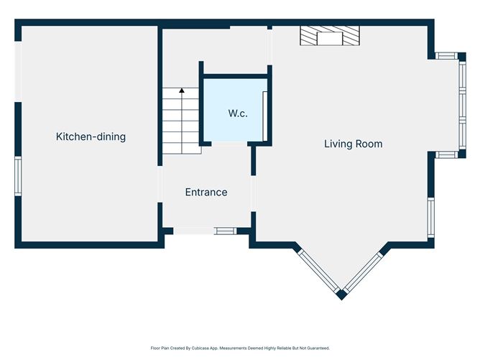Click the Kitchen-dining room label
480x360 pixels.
91,137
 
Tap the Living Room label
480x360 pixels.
354,144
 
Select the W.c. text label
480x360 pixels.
238,114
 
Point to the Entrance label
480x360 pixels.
206,193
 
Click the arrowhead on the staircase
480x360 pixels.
182,91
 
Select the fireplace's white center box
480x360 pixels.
330,38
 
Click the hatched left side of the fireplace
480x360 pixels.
308,36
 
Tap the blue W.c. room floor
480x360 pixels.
234,110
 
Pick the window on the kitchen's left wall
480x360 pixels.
19,176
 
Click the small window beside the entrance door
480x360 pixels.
226,231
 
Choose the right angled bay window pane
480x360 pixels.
363,271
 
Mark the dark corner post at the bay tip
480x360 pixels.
341,295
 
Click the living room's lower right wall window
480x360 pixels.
431,217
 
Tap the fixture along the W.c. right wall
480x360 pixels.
265,116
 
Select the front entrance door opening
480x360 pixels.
194,231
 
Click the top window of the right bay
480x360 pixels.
447,56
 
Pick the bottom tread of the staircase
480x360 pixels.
181,149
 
